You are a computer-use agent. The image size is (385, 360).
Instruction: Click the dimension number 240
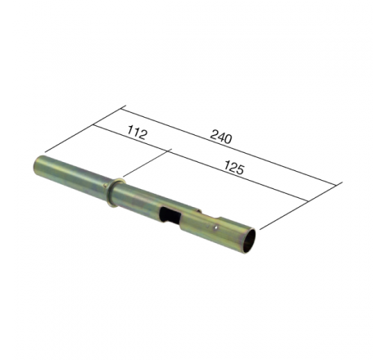[x=220, y=137]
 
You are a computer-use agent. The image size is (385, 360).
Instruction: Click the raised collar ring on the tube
[x=115, y=191]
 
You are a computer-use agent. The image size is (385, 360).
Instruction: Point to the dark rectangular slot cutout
[x=170, y=216]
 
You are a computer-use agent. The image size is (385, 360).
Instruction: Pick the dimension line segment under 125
[x=238, y=176]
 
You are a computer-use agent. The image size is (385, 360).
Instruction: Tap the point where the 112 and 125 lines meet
[x=169, y=151]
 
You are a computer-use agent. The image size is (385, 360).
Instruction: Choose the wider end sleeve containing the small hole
[x=221, y=229]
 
